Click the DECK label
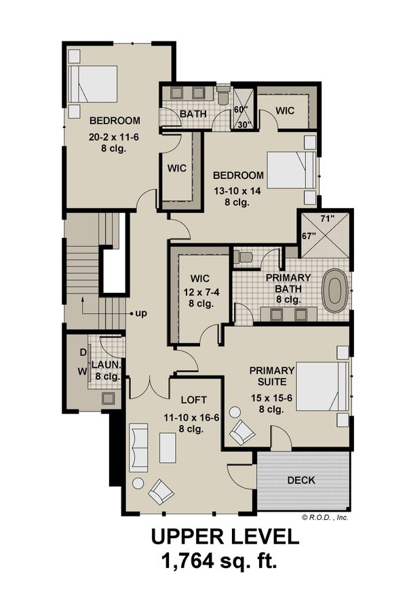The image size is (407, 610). [x=301, y=480]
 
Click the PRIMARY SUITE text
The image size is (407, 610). [x=271, y=376]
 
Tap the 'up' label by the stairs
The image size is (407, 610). [x=141, y=314]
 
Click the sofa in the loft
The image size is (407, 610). [x=139, y=447]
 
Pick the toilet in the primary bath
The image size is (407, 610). [x=244, y=256]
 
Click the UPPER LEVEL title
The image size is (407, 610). [x=224, y=537]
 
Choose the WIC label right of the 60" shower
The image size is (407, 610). [x=285, y=110]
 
